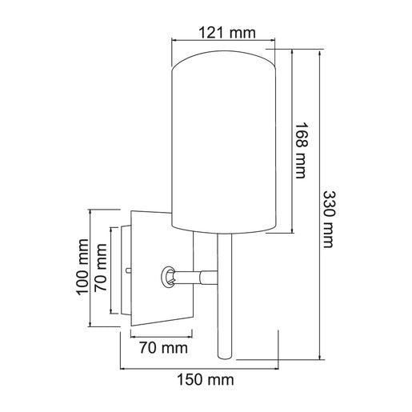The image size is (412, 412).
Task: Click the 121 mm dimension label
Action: [224, 33]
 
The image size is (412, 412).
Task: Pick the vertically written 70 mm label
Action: [102, 267]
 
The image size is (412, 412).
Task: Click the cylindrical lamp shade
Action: [224, 144]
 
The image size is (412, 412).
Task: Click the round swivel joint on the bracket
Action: [170, 277]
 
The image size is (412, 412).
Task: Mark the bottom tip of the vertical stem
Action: [224, 358]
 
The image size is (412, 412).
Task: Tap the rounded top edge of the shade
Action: [224, 56]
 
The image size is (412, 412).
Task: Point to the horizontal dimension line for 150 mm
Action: [202, 369]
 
